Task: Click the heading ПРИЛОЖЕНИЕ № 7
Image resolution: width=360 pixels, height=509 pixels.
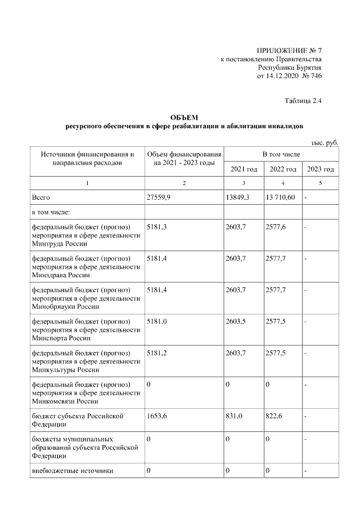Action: [x=289, y=50]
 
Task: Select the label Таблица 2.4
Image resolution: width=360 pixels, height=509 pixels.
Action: [x=304, y=101]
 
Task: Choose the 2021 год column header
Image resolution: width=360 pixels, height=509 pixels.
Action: [x=244, y=169]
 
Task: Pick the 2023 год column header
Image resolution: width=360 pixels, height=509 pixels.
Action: [x=321, y=169]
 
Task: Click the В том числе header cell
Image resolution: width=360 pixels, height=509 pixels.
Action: [x=281, y=154]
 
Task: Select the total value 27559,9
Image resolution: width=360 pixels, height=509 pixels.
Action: [x=159, y=198]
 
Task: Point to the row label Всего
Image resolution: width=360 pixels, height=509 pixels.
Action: [x=41, y=198]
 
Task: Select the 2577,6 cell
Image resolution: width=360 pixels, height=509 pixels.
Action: [x=276, y=226]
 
